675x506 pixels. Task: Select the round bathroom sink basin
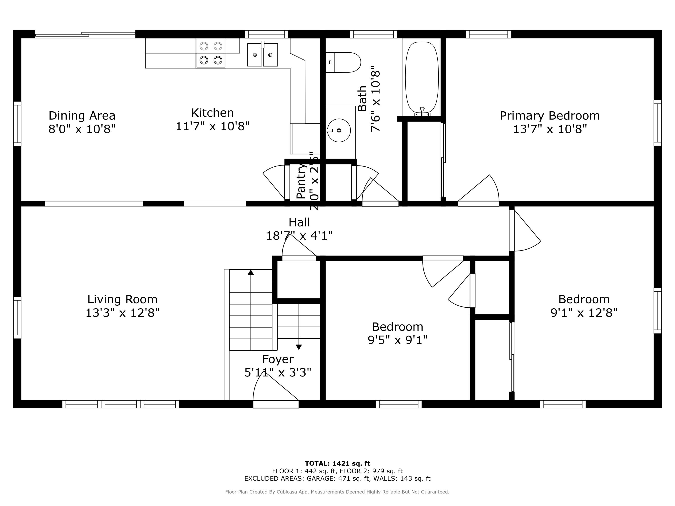coord(339,130)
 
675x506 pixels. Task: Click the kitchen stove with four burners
coord(211,53)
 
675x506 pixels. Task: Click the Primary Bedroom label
coord(550,116)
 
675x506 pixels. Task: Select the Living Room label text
coord(122,299)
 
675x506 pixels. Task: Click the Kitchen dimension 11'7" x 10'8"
coord(212,126)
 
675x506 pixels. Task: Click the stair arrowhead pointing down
coord(299,347)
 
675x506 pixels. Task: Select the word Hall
coord(299,222)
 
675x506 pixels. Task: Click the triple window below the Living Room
coord(121,404)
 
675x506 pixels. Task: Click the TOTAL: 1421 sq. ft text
coord(337,463)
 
